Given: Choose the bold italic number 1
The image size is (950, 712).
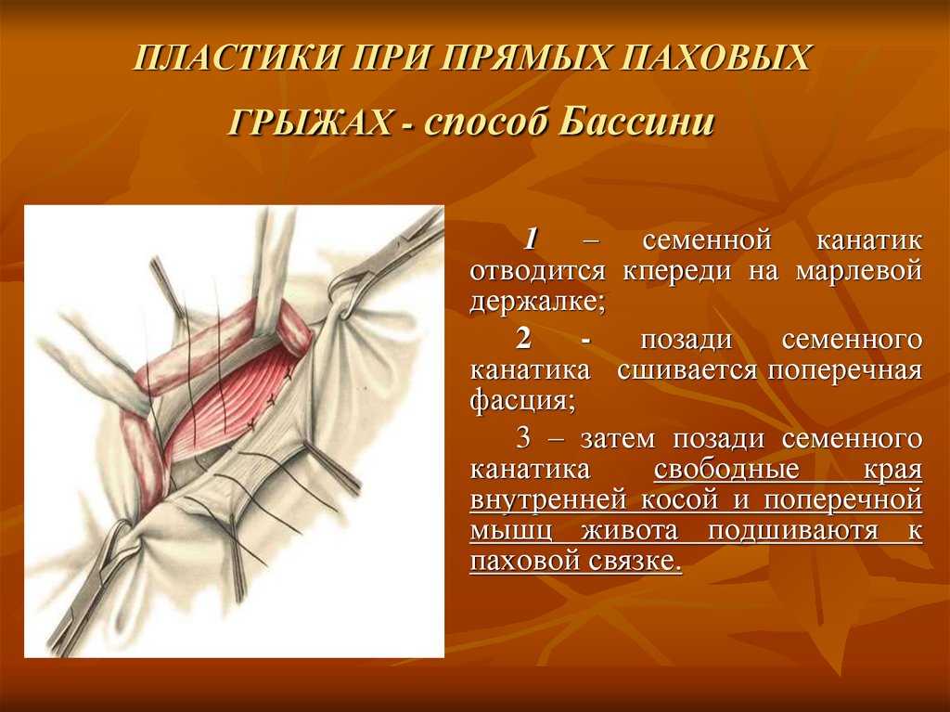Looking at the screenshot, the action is click(532, 239).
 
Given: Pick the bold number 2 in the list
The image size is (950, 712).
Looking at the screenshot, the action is click(524, 339).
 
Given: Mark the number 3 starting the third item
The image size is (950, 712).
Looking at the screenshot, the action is click(524, 438).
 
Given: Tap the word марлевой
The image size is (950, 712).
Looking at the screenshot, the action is click(859, 270).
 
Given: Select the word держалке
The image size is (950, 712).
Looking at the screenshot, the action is click(537, 302).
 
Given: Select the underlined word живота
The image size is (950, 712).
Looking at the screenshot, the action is click(630, 531).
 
